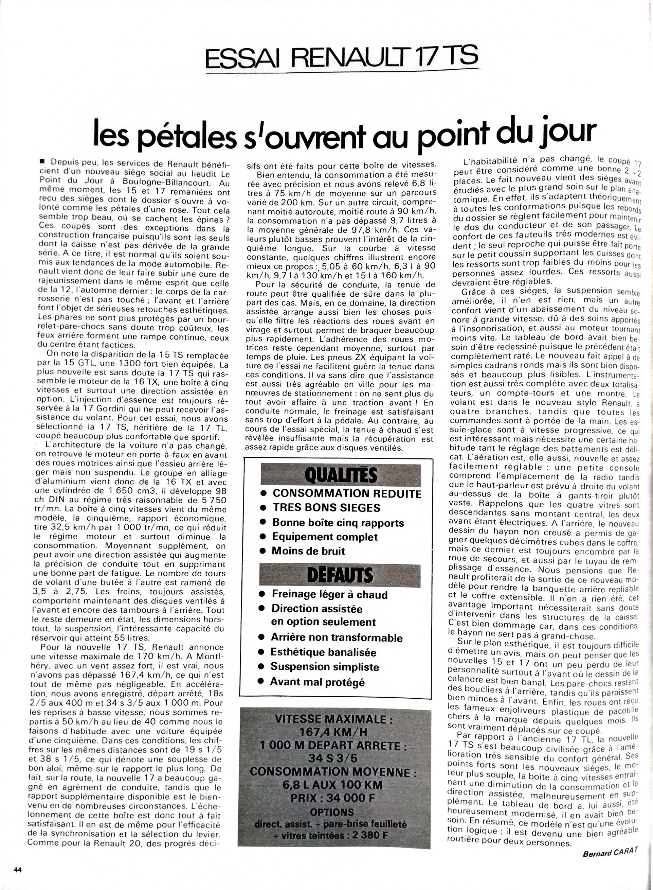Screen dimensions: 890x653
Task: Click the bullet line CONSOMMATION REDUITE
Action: pyautogui.click(x=347, y=494)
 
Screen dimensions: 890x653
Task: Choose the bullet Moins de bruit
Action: pyautogui.click(x=308, y=551)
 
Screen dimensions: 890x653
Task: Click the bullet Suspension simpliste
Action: pyautogui.click(x=324, y=667)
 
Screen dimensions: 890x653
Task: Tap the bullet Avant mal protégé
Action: pyautogui.click(x=317, y=682)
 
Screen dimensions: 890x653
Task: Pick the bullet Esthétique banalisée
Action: pyautogui.click(x=323, y=652)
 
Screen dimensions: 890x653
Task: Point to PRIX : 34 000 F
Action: pyautogui.click(x=332, y=795)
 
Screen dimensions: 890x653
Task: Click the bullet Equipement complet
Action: pyautogui.click(x=325, y=537)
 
